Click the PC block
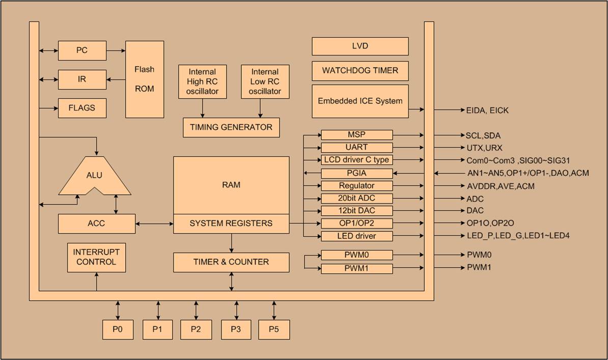(82, 50)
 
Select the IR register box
(82, 79)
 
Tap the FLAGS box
(82, 108)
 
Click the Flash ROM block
(145, 79)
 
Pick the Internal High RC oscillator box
(203, 81)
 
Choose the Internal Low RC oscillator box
(265, 81)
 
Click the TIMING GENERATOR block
(231, 127)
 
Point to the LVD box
(360, 46)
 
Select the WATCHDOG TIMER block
(360, 70)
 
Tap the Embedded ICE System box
(360, 101)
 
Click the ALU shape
(95, 176)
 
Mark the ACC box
(96, 224)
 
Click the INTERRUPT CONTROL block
(96, 257)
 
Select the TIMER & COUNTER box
(231, 262)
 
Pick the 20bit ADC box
(356, 199)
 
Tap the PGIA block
(356, 173)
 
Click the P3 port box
(236, 329)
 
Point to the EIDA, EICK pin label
(487, 110)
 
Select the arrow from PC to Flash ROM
(116, 50)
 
